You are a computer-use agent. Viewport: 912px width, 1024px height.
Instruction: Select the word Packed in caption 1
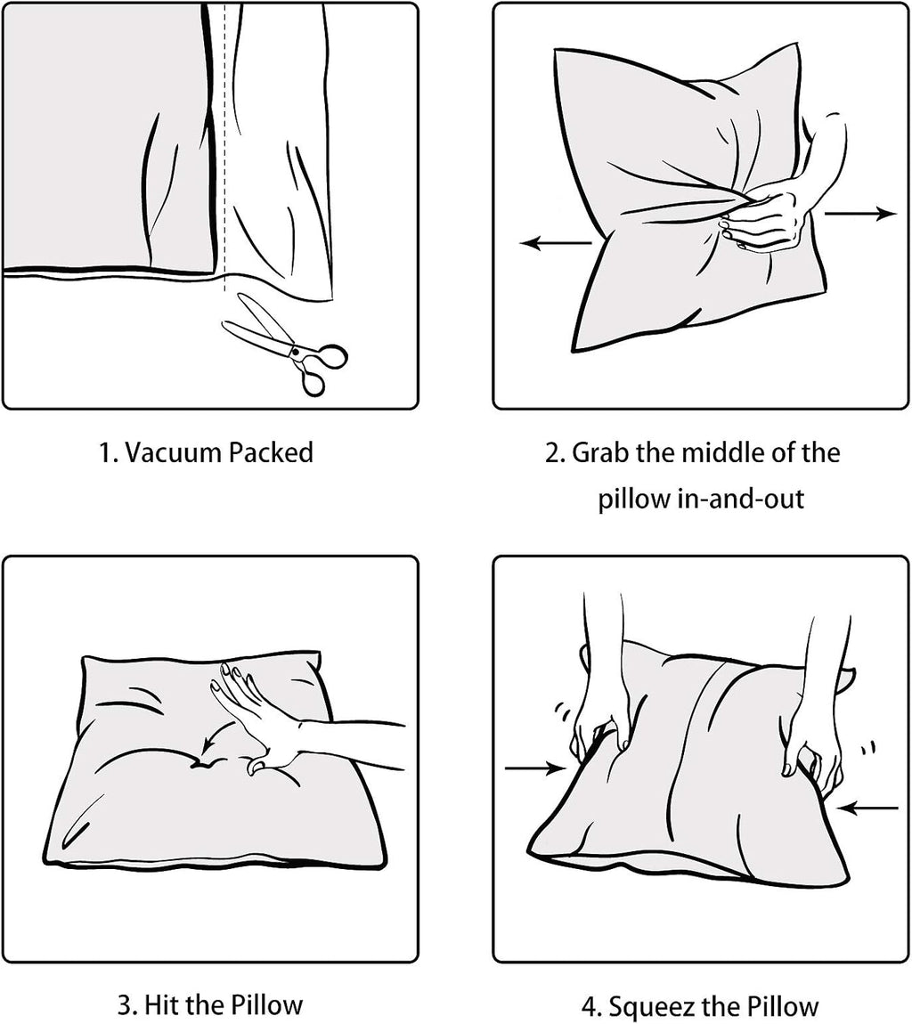coord(271,452)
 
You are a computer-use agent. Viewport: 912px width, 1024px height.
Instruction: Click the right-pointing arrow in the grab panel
coord(860,213)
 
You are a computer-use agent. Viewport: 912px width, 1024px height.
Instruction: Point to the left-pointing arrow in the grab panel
coord(556,244)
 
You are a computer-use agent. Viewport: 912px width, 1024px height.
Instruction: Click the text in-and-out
coord(737,499)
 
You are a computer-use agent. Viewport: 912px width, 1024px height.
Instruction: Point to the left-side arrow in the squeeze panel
coord(535,768)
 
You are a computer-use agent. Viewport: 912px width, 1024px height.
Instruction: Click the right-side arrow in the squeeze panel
coord(867,809)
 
